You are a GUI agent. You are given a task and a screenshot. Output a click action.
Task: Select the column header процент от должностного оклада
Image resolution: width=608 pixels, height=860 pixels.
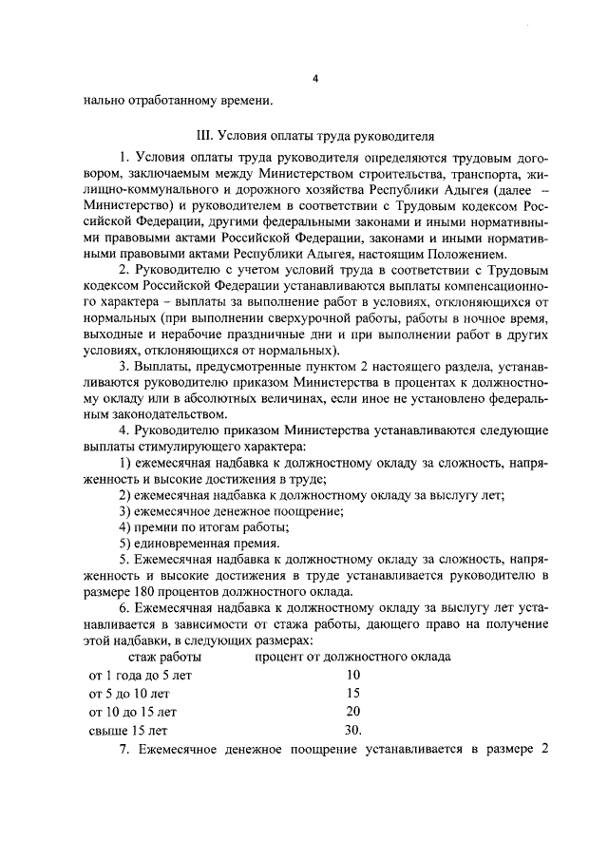[352, 657]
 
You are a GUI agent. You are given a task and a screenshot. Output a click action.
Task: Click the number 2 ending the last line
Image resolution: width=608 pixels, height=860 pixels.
[545, 749]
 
